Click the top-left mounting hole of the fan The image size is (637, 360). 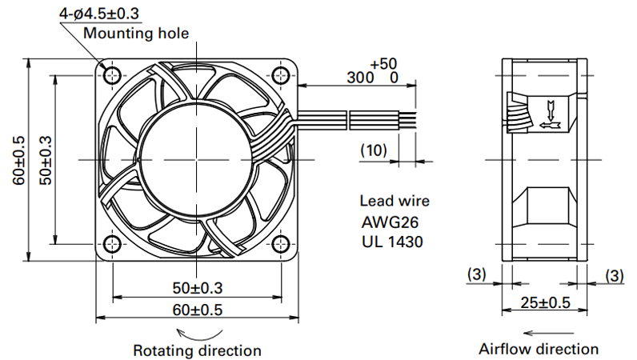coord(112,75)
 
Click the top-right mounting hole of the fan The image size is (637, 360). coord(281,75)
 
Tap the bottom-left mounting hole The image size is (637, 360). coord(112,244)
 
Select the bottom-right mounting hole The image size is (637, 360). coord(281,244)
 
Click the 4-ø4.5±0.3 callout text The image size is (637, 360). coord(99,14)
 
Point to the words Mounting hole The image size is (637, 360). coord(136,33)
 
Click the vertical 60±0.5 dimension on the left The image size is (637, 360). coord(18,160)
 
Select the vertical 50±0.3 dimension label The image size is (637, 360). coord(46,160)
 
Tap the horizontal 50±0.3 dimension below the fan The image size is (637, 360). coord(198,288)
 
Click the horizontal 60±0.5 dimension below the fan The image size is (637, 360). coord(198,310)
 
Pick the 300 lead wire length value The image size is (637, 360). coord(360,78)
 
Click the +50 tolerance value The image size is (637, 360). coord(383,64)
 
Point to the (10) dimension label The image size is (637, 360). coord(374,150)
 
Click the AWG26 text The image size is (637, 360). coord(390,222)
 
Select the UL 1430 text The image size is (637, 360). coord(392,242)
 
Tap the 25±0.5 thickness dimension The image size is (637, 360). coord(546,302)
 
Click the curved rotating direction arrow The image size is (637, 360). coord(199,336)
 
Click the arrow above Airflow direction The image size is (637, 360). coord(548,333)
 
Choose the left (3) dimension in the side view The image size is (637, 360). coord(476,274)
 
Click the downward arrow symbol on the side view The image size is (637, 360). coord(551,110)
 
